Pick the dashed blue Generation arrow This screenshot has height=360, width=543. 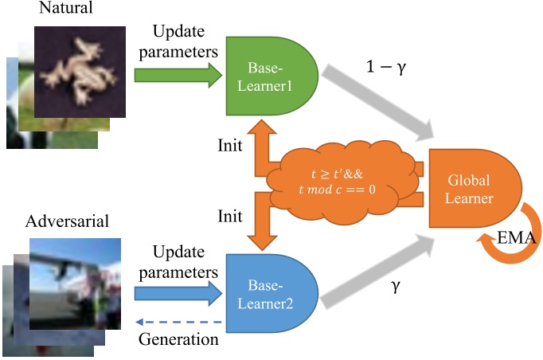click(180, 323)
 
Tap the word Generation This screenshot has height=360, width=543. click(179, 340)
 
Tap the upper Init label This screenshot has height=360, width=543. click(232, 148)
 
